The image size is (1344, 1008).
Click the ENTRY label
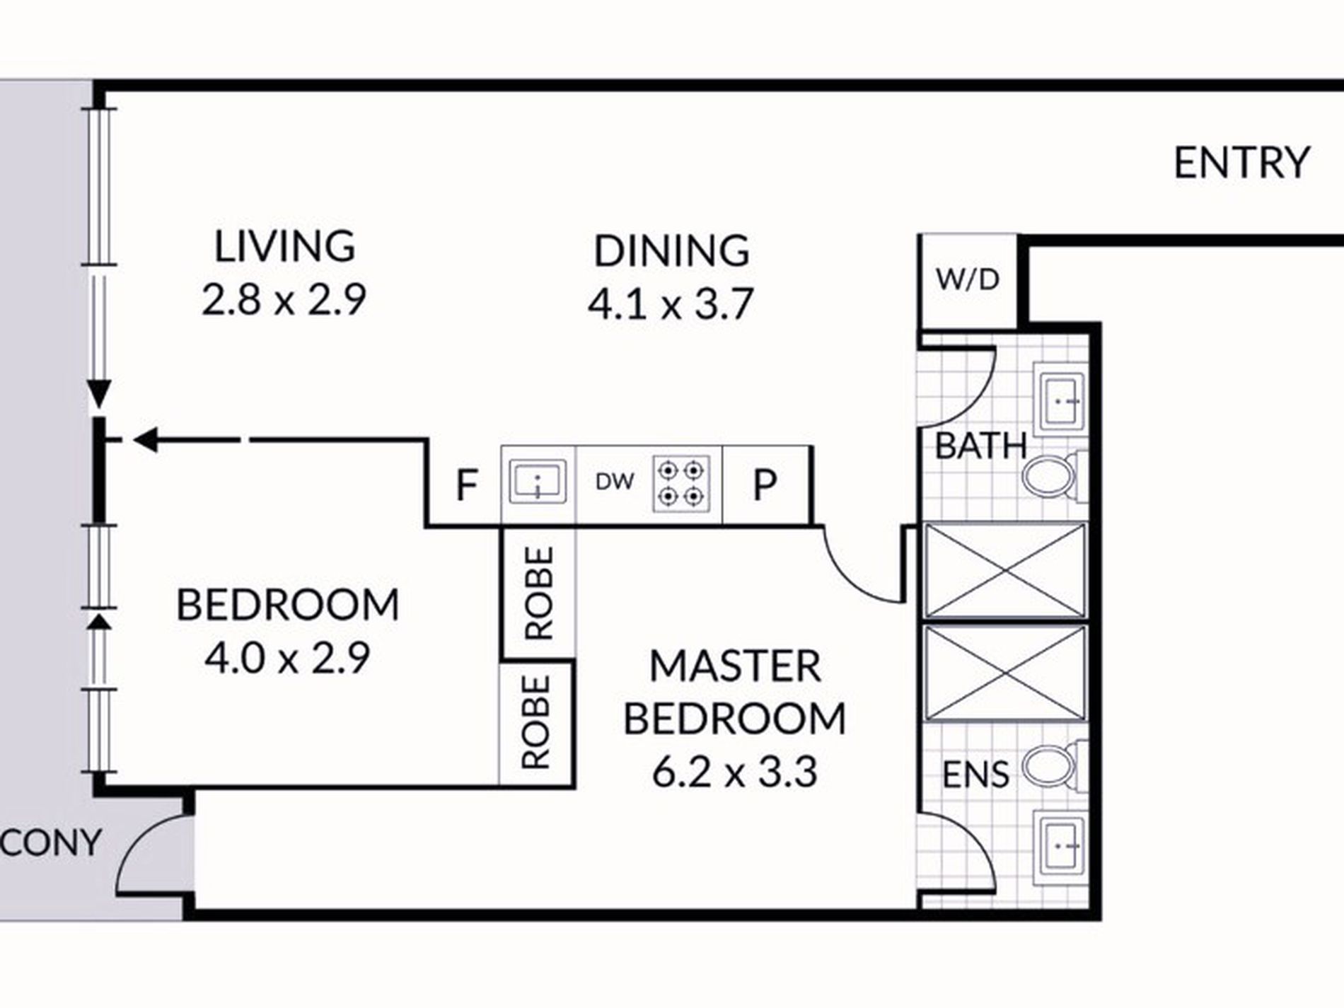1241,163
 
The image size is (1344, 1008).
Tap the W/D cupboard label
968,280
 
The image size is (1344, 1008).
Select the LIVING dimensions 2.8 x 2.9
284,300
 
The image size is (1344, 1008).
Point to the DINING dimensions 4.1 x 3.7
670,305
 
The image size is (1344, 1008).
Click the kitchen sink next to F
538,482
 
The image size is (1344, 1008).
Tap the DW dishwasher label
615,482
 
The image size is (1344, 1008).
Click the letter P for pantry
765,485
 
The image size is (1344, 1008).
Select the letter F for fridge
466,485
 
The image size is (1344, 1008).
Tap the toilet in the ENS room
1050,765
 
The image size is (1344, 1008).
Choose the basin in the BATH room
1059,400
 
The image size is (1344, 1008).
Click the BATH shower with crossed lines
1004,571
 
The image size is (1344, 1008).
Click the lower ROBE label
535,722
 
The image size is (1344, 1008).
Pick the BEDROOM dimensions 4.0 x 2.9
287,659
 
